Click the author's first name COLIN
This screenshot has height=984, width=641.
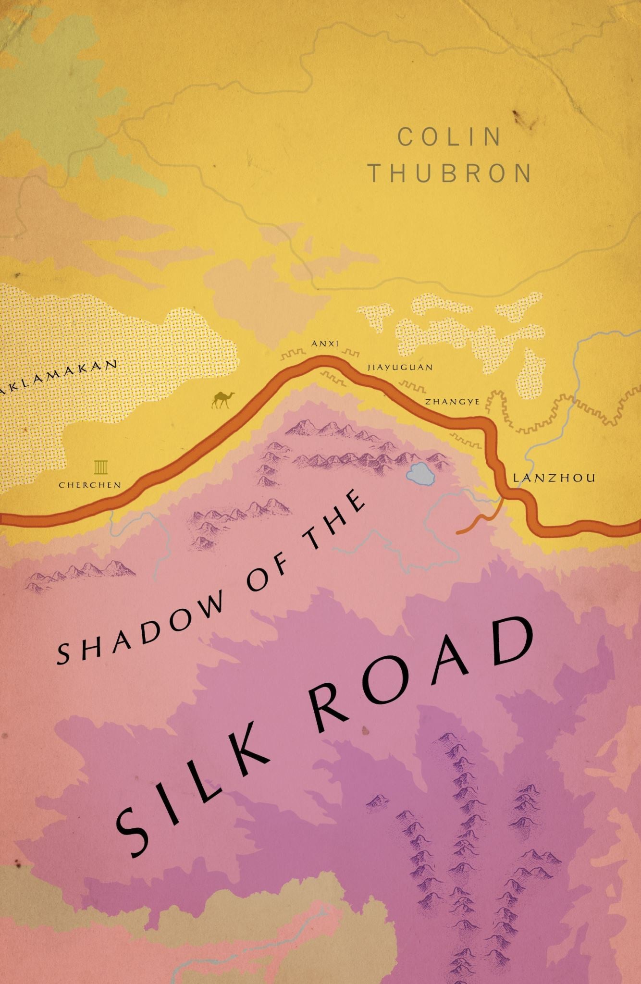coord(450,137)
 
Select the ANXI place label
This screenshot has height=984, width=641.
coord(325,344)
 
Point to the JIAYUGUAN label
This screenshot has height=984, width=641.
coord(400,367)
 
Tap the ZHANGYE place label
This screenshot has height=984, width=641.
coord(451,402)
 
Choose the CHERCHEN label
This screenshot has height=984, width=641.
coord(90,485)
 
